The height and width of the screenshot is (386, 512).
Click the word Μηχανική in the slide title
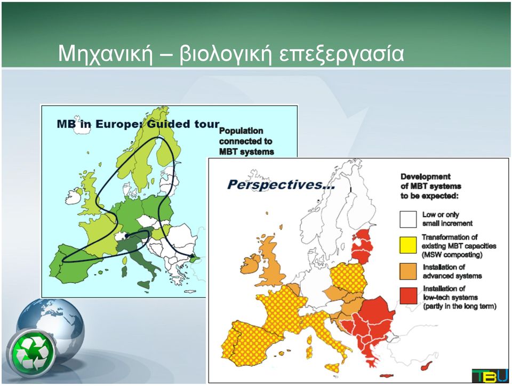click(106, 53)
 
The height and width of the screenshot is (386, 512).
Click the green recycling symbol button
click(31, 352)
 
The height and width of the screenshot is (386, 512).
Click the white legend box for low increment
click(408, 219)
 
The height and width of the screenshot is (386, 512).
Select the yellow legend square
click(408, 245)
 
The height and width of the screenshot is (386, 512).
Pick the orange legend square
click(408, 271)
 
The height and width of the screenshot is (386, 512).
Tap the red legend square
click(408, 295)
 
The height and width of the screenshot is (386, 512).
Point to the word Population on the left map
click(241, 131)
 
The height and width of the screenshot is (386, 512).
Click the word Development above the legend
click(426, 176)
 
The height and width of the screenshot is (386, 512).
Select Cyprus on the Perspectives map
click(427, 366)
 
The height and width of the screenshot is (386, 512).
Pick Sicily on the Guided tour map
click(143, 284)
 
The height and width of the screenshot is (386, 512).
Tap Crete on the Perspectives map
click(387, 376)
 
